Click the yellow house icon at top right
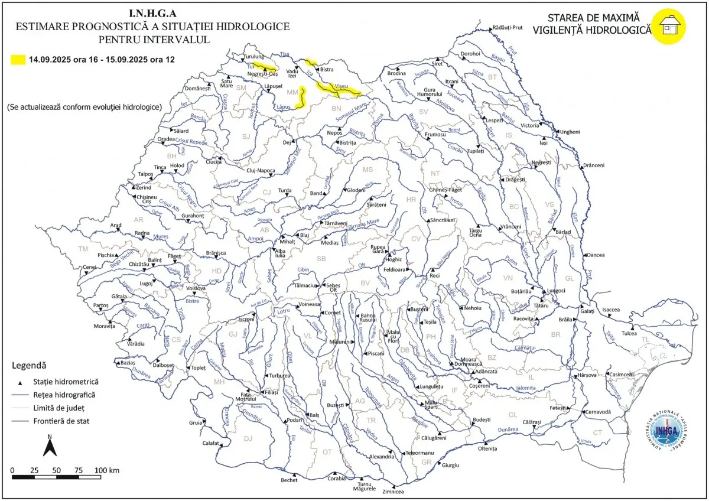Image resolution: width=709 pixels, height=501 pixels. click(x=669, y=25)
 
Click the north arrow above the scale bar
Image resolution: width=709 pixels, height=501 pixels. click(x=50, y=447)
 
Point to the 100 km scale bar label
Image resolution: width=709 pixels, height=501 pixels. click(x=106, y=470)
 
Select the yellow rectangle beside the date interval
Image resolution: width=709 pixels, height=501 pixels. click(x=18, y=60)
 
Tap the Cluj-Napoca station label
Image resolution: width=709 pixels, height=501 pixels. click(x=260, y=171)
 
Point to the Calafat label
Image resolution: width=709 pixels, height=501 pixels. click(x=211, y=443)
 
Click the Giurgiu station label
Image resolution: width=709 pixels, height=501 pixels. click(x=450, y=465)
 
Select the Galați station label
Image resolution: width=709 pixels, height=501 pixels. click(x=587, y=311)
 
